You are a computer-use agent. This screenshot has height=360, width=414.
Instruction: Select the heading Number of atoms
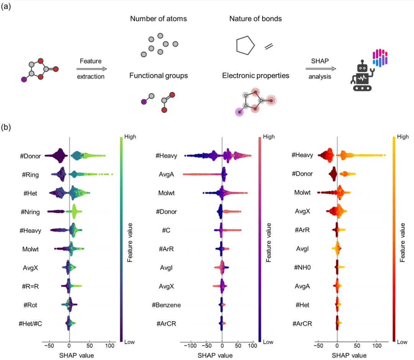pos(159,19)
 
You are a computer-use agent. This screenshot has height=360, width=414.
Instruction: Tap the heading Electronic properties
pos(256,76)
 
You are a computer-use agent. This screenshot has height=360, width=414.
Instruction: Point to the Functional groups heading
pos(159,76)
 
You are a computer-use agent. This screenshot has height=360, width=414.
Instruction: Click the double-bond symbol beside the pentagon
pos(269,46)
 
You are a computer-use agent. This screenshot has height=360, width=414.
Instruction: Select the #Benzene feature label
pos(166,305)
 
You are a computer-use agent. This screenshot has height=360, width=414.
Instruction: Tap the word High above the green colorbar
pos(130,137)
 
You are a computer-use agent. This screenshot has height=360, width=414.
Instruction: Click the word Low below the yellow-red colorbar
pos(402,342)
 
